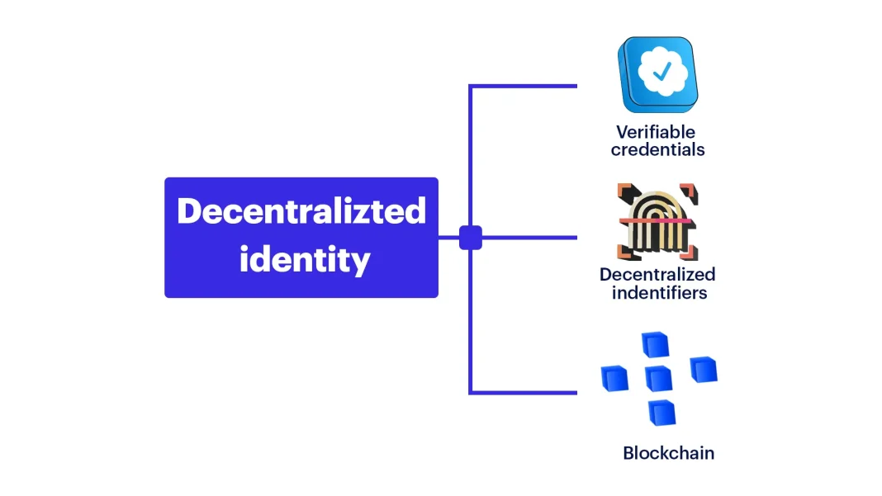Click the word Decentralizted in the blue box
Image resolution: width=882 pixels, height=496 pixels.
301,211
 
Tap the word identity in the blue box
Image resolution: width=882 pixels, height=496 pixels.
305,260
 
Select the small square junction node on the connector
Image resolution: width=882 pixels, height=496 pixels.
470,238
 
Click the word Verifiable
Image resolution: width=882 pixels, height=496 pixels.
656,132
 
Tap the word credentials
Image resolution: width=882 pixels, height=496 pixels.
658,150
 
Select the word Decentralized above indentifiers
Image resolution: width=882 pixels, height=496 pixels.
657,275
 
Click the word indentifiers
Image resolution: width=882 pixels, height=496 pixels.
659,293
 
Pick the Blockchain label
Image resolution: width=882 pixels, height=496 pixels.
668,453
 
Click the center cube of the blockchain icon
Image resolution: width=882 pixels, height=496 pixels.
659,378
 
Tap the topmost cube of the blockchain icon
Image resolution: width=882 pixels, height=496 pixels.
656,345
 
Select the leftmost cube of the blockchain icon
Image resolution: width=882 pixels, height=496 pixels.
614,378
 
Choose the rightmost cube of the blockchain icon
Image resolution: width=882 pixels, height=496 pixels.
703,369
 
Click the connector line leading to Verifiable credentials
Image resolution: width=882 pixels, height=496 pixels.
524,86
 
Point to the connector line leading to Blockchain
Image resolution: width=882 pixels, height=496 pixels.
524,392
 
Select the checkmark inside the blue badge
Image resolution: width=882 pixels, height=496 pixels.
662,73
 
